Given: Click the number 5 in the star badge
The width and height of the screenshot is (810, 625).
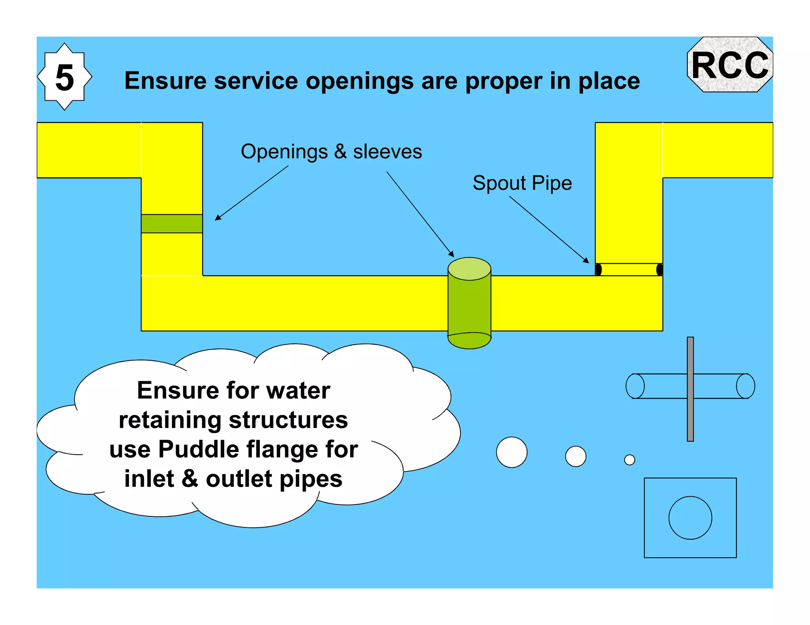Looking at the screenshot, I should [x=64, y=78].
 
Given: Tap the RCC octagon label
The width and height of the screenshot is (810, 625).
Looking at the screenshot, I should [x=730, y=65].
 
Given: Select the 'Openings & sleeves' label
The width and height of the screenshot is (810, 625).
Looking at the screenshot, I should [x=331, y=152].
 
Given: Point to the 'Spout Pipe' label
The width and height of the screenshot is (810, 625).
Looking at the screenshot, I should [x=522, y=183].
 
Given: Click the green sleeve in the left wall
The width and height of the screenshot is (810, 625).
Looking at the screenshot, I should [x=172, y=224].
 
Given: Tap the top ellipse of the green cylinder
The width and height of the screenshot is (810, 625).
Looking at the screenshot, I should [x=469, y=269].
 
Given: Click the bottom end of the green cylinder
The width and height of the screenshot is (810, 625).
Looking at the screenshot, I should [x=469, y=341].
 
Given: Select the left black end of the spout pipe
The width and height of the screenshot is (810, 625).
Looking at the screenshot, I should [x=598, y=269].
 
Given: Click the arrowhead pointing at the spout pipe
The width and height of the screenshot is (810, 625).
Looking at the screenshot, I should [x=587, y=260].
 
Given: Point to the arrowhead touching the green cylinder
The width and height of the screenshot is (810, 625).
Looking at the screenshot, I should [x=452, y=254].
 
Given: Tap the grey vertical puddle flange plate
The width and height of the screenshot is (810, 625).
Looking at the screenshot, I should [x=690, y=389].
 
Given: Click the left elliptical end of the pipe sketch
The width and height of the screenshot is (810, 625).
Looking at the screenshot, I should [x=635, y=386].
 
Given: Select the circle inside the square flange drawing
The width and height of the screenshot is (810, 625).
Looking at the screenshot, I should [x=690, y=518].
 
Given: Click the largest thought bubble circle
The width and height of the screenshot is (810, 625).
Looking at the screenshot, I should [x=512, y=452].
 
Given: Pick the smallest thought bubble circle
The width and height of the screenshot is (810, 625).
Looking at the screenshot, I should [x=630, y=460].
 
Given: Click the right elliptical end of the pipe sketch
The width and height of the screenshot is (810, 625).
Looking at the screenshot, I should [x=746, y=386].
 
